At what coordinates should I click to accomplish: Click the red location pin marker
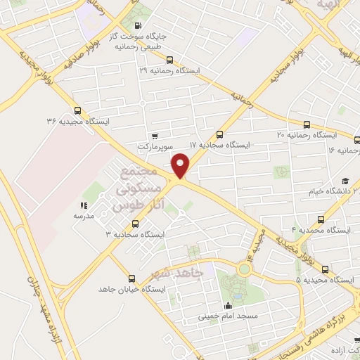[x=181, y=165]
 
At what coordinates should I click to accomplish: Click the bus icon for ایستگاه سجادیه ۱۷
[x=219, y=134]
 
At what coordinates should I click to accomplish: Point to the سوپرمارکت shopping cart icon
[x=155, y=136]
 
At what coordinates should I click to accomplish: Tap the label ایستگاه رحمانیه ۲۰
[x=305, y=134]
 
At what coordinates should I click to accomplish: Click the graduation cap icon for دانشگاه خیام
[x=345, y=181]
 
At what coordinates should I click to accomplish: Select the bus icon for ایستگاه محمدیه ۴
[x=321, y=219]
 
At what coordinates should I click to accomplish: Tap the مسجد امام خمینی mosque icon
[x=228, y=306]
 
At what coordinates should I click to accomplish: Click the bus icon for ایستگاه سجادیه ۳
[x=135, y=224]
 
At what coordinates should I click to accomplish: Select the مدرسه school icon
[x=84, y=206]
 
